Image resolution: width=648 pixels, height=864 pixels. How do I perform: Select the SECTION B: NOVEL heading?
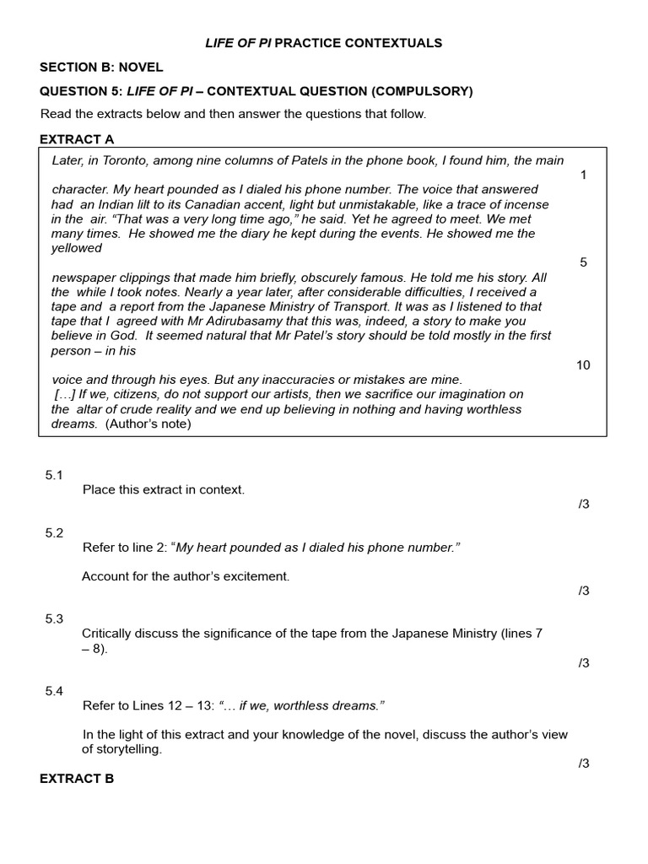click(101, 67)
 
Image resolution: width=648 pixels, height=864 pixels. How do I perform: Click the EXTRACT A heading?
click(77, 139)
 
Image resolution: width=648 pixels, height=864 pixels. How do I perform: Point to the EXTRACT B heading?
click(77, 779)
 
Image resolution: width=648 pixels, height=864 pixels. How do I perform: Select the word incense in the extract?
click(525, 204)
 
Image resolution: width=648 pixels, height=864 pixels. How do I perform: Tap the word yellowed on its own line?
click(76, 248)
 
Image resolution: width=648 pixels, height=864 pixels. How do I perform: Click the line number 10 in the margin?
click(583, 364)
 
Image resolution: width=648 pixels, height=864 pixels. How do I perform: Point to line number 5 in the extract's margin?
click(583, 262)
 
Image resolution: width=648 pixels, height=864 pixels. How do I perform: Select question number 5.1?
click(54, 475)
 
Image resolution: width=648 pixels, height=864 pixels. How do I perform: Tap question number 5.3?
click(54, 618)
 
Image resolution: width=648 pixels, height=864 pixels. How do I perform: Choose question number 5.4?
click(54, 691)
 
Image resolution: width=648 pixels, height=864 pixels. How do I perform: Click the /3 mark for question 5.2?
click(583, 591)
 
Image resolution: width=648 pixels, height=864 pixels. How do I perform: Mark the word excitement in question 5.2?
click(253, 576)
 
